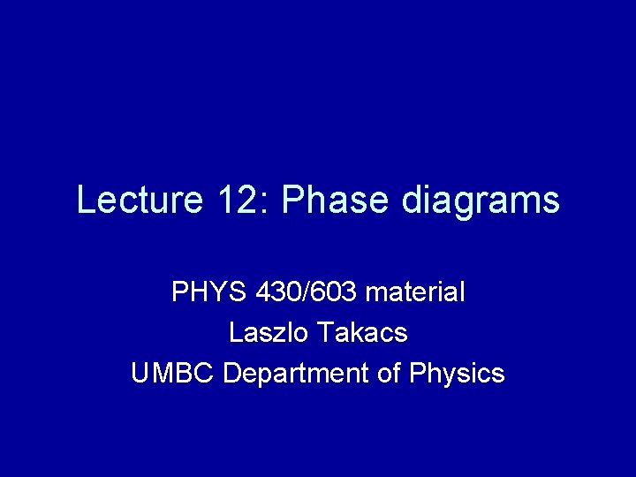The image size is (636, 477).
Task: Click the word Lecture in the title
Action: [x=140, y=200]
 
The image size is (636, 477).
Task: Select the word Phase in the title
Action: [x=333, y=200]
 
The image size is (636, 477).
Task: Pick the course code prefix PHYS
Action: [x=208, y=291]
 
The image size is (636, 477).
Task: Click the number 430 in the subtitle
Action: [x=277, y=291]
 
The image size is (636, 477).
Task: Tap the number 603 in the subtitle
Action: [x=334, y=291]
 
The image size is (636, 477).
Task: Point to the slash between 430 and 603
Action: [x=306, y=291]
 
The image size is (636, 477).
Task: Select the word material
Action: [x=413, y=291]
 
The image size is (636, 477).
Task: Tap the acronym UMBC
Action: [x=173, y=373]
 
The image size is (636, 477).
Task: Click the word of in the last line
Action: [x=390, y=373]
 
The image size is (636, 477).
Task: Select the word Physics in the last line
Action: [x=457, y=375]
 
